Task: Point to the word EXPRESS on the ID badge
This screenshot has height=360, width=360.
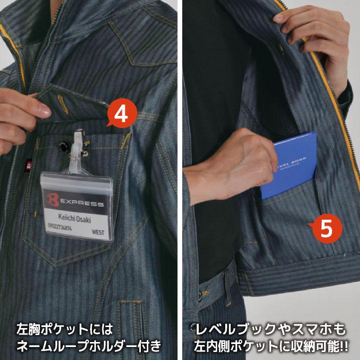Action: coord(79,204)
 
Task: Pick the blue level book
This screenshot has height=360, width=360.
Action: coord(289,165)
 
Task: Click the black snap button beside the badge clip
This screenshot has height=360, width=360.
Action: coord(63,146)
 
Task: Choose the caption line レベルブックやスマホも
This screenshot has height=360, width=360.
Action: coord(270,330)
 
